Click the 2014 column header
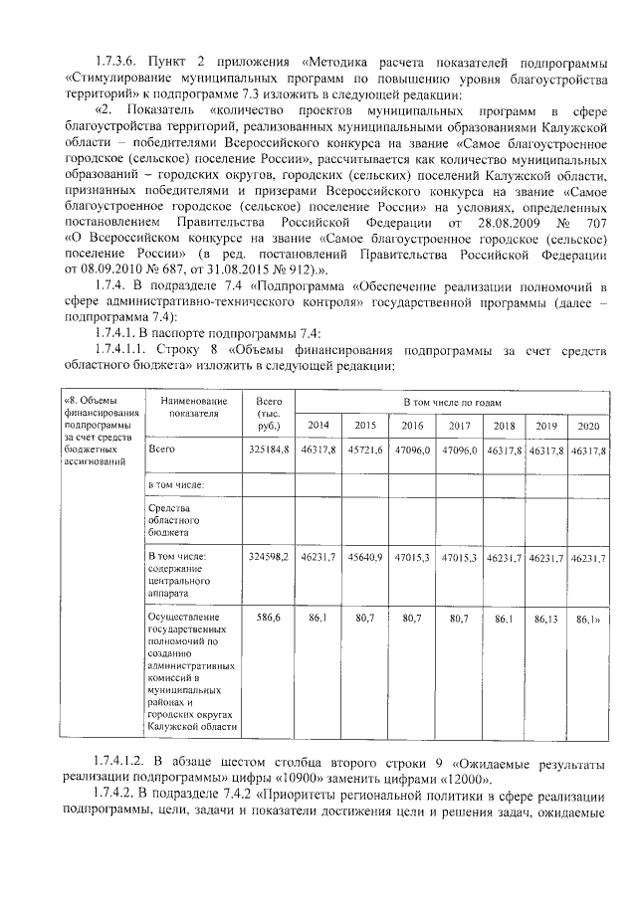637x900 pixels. pyautogui.click(x=318, y=425)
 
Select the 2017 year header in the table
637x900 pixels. pyautogui.click(x=459, y=425)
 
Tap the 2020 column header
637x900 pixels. pyautogui.click(x=589, y=425)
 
